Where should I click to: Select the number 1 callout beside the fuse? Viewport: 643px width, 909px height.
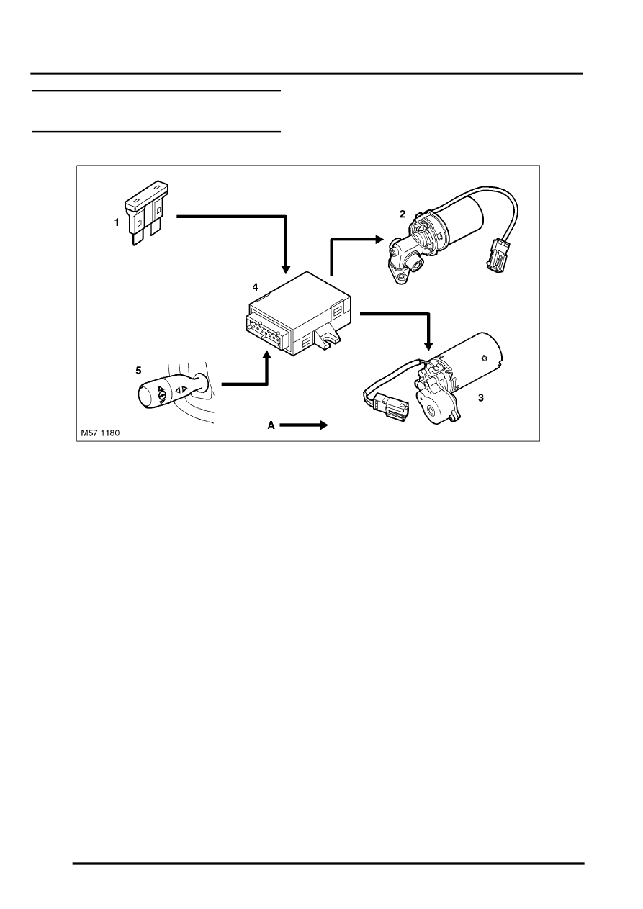(x=117, y=223)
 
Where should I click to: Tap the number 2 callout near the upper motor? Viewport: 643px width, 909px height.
(x=403, y=214)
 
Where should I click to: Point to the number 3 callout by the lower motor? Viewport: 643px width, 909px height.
(x=480, y=398)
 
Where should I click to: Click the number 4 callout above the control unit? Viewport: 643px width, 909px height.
(x=255, y=287)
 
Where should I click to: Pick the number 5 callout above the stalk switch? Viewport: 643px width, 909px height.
(x=138, y=371)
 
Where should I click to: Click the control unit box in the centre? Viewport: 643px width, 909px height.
(x=298, y=313)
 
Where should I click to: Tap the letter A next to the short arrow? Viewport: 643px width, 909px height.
(x=271, y=425)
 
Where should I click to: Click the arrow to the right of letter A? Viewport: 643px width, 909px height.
(x=304, y=425)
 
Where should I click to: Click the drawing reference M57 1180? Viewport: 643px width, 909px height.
(x=100, y=433)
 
